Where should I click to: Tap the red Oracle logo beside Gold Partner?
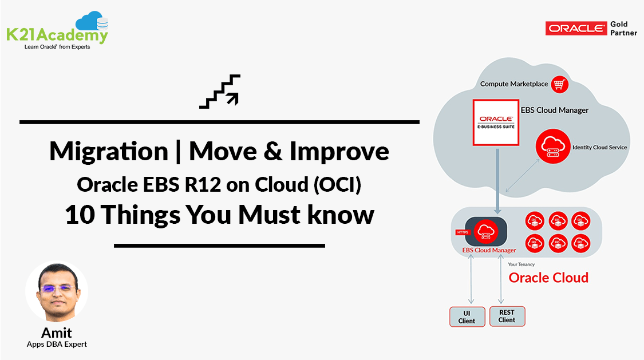[576, 29]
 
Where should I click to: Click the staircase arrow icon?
[220, 91]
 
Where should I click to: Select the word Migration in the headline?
[108, 151]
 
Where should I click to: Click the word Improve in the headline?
[339, 151]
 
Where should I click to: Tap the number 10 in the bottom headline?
[79, 215]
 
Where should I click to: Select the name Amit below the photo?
[57, 333]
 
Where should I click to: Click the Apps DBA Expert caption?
[57, 344]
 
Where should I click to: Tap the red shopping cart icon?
[559, 84]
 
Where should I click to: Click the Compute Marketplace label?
[514, 84]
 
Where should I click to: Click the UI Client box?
[467, 317]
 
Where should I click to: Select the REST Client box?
[507, 316]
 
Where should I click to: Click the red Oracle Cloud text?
[548, 278]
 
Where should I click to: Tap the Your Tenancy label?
[521, 264]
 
